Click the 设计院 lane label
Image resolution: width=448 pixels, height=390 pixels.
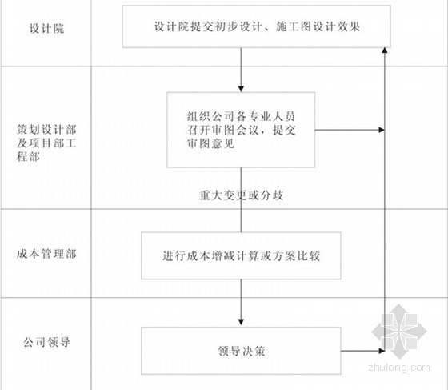tap(46, 29)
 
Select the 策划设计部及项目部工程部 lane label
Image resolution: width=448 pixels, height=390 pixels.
tap(46, 143)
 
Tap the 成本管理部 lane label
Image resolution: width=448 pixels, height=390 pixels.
tap(46, 254)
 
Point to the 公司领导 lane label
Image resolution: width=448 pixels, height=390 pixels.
tap(46, 342)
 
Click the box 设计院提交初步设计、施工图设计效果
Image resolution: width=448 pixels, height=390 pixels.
tap(257, 26)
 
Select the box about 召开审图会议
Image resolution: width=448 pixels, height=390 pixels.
tap(241, 130)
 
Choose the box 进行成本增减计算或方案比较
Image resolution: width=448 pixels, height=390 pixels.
tap(241, 255)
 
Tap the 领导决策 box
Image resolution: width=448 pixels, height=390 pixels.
tap(241, 351)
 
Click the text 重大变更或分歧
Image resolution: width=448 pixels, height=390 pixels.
tap(242, 195)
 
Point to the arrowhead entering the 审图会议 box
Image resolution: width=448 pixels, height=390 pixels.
tap(241, 89)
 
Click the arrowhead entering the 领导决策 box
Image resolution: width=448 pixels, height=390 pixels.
tap(241, 322)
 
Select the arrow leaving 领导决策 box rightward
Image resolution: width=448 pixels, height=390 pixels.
tap(363, 351)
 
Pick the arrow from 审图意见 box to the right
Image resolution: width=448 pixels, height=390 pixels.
tap(350, 130)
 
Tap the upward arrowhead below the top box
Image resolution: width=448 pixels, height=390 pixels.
tap(385, 50)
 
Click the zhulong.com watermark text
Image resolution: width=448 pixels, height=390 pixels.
tap(399, 367)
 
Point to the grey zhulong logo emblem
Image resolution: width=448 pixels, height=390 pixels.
tap(399, 332)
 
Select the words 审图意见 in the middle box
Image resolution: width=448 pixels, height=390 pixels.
tap(211, 143)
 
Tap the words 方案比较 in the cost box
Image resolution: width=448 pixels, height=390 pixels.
tap(296, 256)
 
